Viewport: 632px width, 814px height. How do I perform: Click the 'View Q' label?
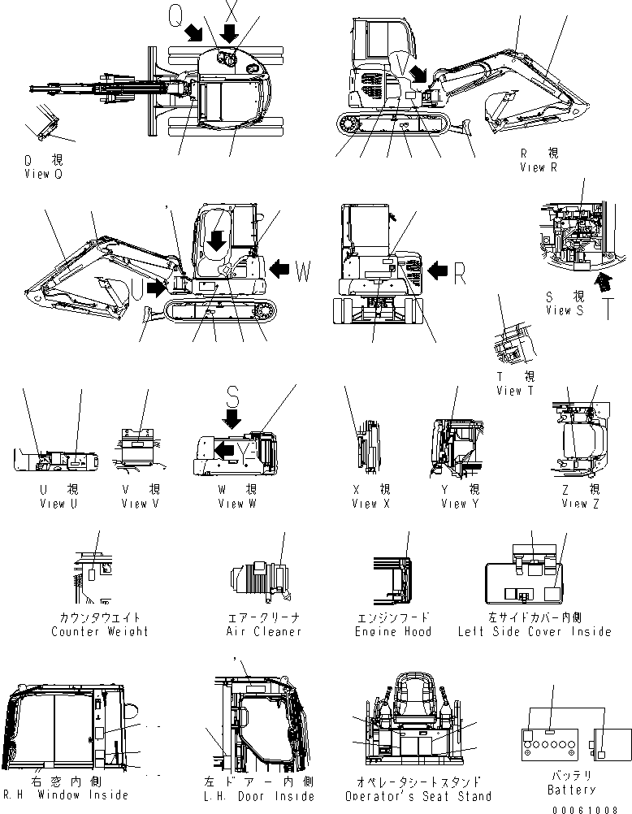(42, 174)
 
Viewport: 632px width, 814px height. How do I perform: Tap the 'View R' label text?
(539, 167)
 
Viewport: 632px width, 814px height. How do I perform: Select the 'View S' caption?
(565, 310)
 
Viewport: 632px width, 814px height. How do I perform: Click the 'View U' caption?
(58, 504)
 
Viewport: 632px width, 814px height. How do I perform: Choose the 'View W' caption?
(236, 504)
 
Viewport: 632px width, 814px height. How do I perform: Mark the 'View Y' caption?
(459, 504)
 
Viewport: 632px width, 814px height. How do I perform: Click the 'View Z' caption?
(580, 504)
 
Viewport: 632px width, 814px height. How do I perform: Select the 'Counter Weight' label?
(99, 631)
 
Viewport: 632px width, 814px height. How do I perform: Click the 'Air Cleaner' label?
(263, 631)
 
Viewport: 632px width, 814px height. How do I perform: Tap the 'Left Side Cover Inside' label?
(534, 631)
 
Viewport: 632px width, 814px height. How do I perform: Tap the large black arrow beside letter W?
(280, 268)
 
